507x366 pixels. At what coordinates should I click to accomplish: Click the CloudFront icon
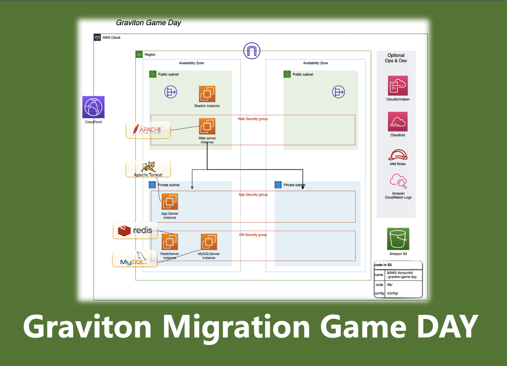point(93,107)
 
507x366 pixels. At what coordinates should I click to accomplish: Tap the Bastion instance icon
point(207,94)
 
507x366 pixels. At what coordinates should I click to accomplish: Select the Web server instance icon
point(207,126)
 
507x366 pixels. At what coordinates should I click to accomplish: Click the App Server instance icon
point(170,202)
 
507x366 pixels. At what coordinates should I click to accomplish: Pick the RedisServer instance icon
point(170,242)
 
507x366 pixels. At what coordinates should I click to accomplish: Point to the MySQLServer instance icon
point(209,242)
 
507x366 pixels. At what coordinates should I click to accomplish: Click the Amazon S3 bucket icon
point(398,239)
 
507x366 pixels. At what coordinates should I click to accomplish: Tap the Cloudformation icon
point(398,86)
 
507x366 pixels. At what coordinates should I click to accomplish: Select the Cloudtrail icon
point(398,122)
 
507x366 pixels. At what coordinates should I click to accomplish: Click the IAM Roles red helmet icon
point(398,155)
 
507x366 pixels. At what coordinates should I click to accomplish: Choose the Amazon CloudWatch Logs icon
point(398,181)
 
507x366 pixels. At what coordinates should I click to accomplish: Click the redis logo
point(135,230)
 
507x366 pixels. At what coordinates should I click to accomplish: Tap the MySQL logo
point(134,259)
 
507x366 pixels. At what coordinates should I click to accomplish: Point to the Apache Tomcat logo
point(148,169)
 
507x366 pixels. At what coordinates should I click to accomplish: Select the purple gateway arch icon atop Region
point(252,51)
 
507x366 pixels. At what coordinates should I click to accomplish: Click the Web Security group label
point(253,119)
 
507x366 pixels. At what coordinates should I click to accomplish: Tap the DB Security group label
point(253,235)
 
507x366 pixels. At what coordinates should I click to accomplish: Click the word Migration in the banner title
point(236,327)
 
